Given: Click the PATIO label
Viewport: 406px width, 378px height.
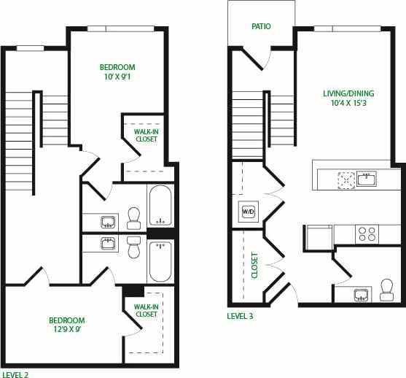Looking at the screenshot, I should pos(261,26).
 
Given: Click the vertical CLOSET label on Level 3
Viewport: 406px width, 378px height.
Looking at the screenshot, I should pos(254,266).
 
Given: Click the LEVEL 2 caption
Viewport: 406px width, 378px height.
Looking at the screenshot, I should pos(15,373).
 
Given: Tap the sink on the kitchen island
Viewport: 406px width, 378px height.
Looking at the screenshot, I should pos(367,178).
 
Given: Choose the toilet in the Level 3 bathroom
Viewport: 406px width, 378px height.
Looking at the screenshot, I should pos(386,290).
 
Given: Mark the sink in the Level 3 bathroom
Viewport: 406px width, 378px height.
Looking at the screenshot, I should pos(360,295).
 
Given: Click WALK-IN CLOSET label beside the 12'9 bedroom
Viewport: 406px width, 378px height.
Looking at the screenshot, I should pos(146,310).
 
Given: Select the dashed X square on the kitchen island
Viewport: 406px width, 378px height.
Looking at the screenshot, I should pos(344,179).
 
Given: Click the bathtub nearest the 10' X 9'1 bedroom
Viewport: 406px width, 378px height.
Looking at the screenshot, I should pos(160,206).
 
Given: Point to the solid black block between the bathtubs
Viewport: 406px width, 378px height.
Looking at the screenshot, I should pos(161,233).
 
